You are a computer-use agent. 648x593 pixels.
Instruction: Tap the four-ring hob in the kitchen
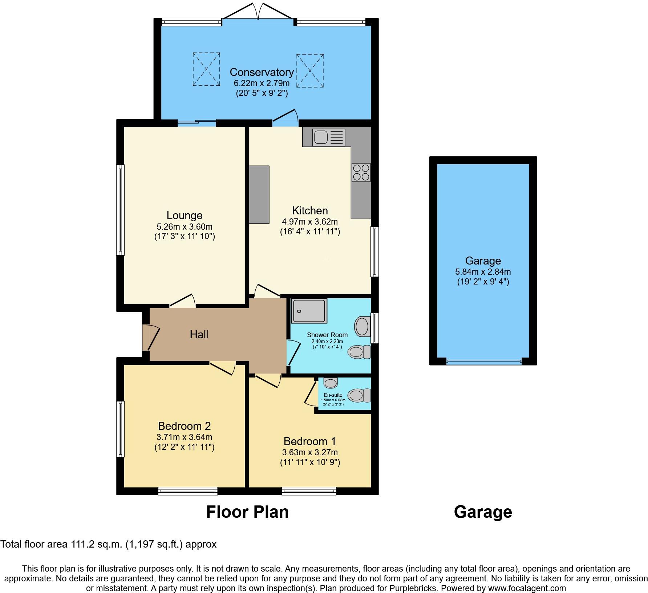(x=361, y=173)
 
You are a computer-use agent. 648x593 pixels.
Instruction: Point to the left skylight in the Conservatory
(x=206, y=69)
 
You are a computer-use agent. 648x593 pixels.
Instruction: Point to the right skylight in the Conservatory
(x=310, y=70)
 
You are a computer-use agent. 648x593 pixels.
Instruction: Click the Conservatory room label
(x=262, y=72)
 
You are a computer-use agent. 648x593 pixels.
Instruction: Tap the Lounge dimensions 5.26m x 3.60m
(x=185, y=227)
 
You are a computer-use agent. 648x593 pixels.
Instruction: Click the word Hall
(x=199, y=334)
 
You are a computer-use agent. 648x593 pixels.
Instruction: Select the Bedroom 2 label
(x=184, y=426)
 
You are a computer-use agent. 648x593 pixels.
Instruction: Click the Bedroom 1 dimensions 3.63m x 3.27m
(x=310, y=452)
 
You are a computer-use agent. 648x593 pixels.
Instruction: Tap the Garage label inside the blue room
(x=483, y=261)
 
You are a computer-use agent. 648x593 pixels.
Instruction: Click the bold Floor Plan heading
(x=247, y=512)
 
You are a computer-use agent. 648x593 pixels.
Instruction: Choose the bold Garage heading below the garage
(x=483, y=512)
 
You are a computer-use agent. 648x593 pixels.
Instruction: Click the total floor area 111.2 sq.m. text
(x=108, y=544)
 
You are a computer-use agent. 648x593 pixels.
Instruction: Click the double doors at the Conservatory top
(x=258, y=11)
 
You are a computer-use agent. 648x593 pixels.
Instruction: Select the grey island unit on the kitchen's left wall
(x=259, y=194)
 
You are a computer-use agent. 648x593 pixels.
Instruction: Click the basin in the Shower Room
(x=361, y=326)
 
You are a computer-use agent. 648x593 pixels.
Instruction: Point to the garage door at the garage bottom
(x=483, y=362)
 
